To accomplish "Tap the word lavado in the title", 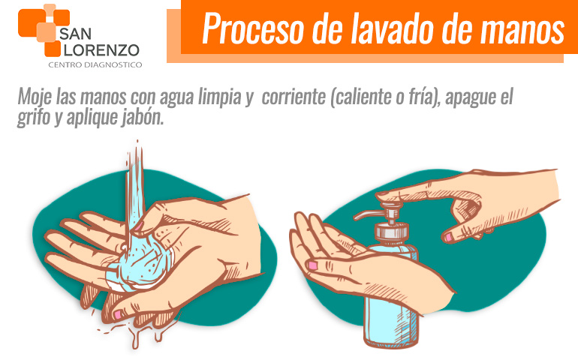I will click(x=378, y=29).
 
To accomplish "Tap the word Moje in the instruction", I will click(x=37, y=98).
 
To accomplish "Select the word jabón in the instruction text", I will click(x=140, y=118).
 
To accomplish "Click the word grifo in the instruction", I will click(x=35, y=118).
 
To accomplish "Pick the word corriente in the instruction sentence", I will click(x=292, y=98).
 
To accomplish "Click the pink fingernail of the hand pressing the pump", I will click(x=447, y=237).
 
